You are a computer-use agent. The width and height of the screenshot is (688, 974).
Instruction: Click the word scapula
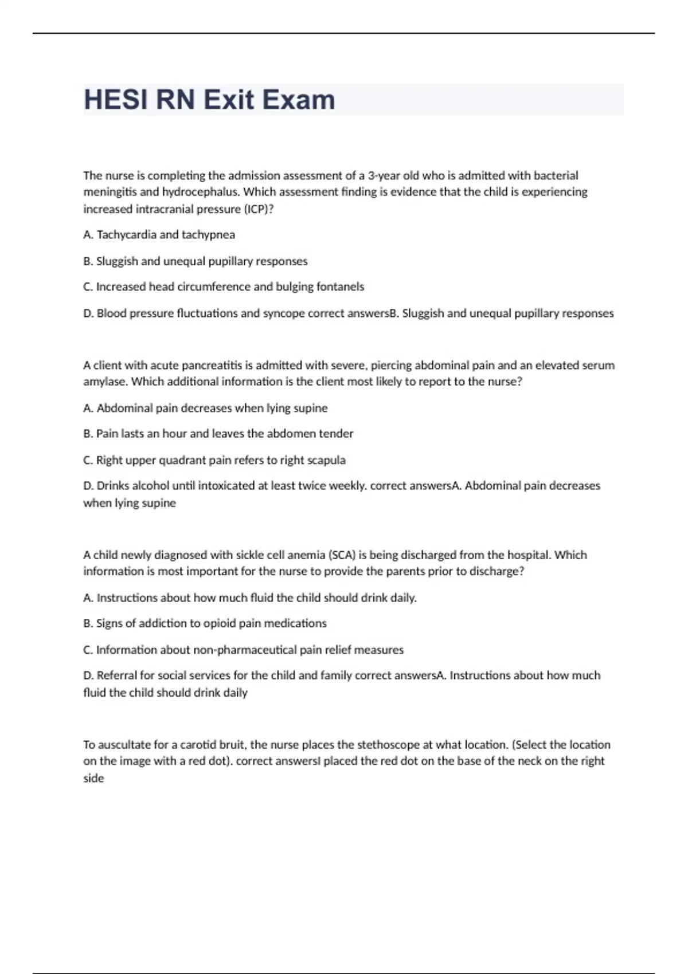tap(326, 460)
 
